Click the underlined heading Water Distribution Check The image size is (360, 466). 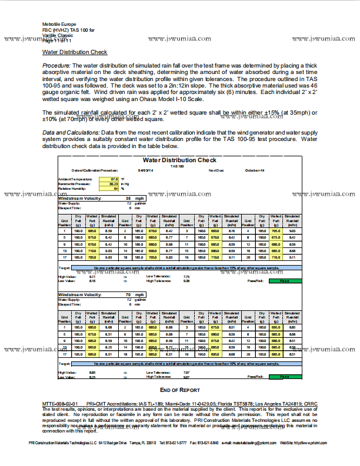pos(75,52)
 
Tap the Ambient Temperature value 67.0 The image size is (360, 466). pos(114,179)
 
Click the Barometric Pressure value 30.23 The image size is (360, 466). pos(114,183)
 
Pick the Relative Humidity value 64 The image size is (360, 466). pos(115,188)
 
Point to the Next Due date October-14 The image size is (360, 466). pos(255,170)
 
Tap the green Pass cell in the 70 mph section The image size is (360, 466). pos(284,377)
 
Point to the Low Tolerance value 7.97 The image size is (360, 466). pos(186,372)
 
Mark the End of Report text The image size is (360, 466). pos(180,390)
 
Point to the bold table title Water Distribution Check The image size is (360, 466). pos(179,160)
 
